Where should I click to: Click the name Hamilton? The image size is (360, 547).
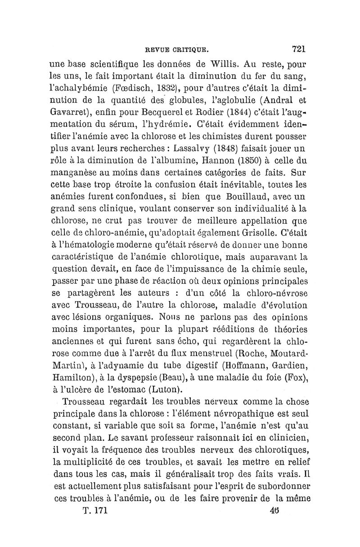tap(70, 365)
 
